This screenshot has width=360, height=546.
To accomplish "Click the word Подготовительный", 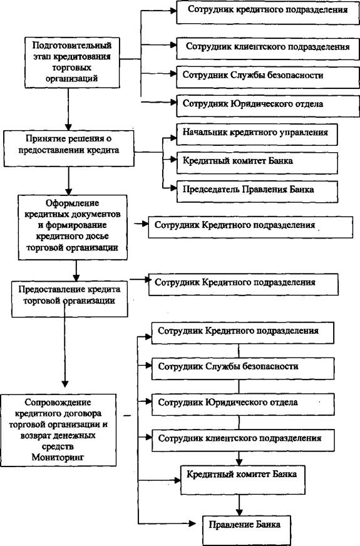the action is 72,45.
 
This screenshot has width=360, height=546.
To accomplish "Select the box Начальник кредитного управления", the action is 257,134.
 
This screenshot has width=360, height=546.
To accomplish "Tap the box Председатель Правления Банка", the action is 257,191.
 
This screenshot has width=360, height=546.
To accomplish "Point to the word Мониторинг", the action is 58,457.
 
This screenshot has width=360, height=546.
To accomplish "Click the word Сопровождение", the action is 58,403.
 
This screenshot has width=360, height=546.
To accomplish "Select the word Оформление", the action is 73,203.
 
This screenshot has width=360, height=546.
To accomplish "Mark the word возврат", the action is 37,435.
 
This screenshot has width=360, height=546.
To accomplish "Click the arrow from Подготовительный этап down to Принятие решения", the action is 69,109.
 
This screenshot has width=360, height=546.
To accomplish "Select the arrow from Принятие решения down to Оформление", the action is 69,181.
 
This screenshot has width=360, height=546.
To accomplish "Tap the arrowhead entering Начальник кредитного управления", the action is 173,138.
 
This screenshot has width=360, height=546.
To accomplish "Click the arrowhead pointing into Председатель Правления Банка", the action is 173,188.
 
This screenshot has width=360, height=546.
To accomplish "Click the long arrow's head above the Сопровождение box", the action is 65,383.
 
